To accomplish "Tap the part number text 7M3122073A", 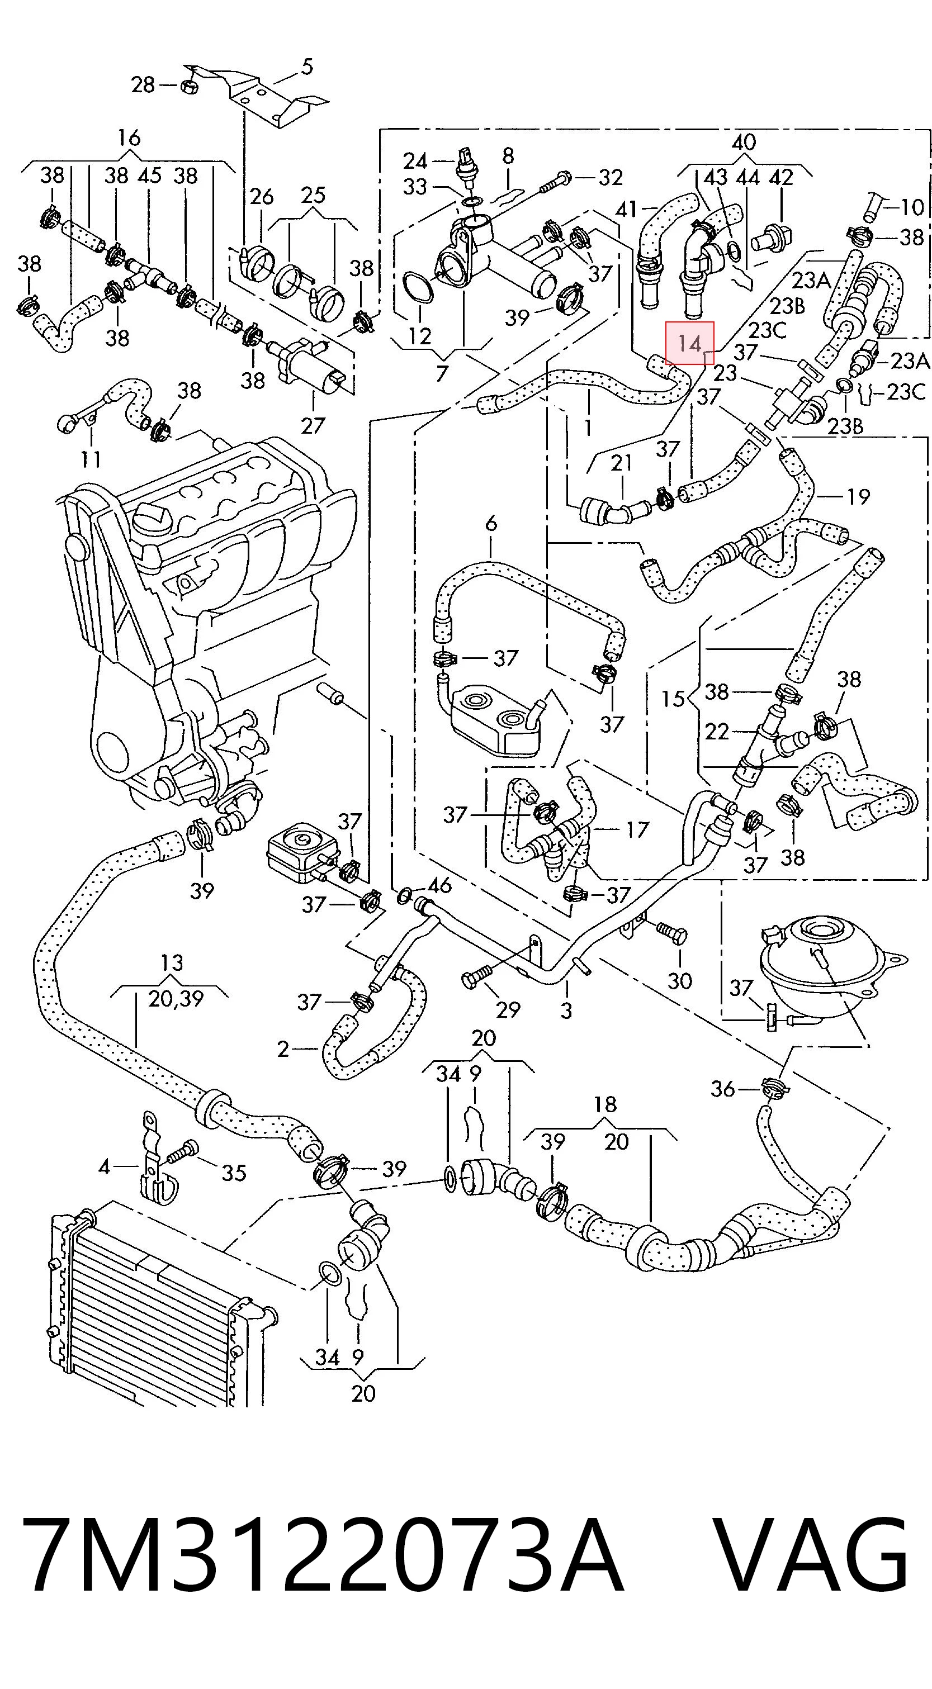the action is click(x=322, y=1558).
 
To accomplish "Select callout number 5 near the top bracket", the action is click(x=307, y=67).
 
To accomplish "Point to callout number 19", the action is click(x=858, y=496).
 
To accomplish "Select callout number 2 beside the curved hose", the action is click(x=283, y=1050).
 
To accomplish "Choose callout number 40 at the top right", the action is click(x=744, y=141).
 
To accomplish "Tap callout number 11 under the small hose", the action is click(x=91, y=458).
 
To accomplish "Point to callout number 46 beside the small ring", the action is click(x=439, y=885).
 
